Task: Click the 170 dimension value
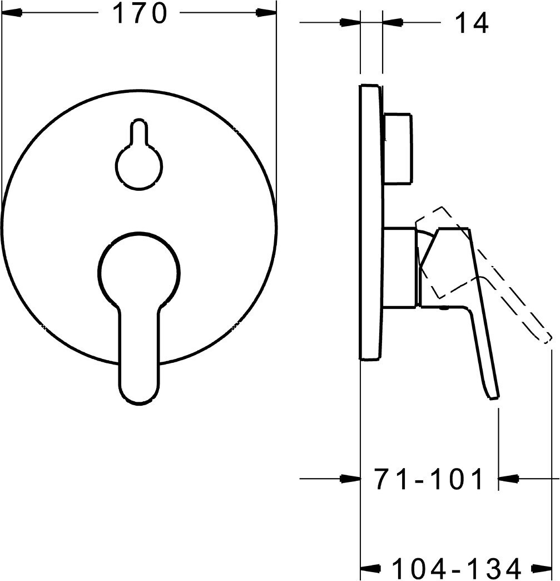click(x=140, y=14)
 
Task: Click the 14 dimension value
click(x=471, y=23)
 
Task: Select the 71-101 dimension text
click(x=429, y=479)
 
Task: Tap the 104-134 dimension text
click(x=457, y=567)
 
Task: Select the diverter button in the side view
click(x=398, y=149)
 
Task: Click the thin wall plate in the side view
click(x=370, y=221)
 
